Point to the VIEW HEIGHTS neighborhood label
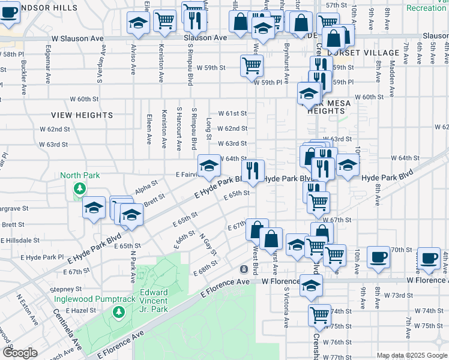(x=82, y=115)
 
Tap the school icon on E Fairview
(x=209, y=166)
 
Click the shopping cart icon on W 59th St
(x=252, y=65)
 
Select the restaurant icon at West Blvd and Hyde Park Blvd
(x=253, y=170)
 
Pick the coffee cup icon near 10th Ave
(x=378, y=257)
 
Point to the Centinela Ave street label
(x=68, y=329)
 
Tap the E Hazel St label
(x=82, y=310)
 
